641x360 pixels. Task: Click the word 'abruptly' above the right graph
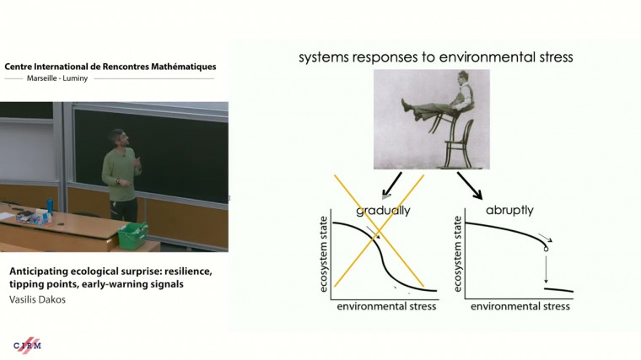coord(509,210)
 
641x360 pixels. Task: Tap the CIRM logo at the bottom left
coord(27,345)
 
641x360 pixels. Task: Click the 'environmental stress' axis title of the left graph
coord(386,306)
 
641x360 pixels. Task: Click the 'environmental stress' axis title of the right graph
coord(520,306)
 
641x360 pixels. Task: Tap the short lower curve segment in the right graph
coord(558,290)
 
